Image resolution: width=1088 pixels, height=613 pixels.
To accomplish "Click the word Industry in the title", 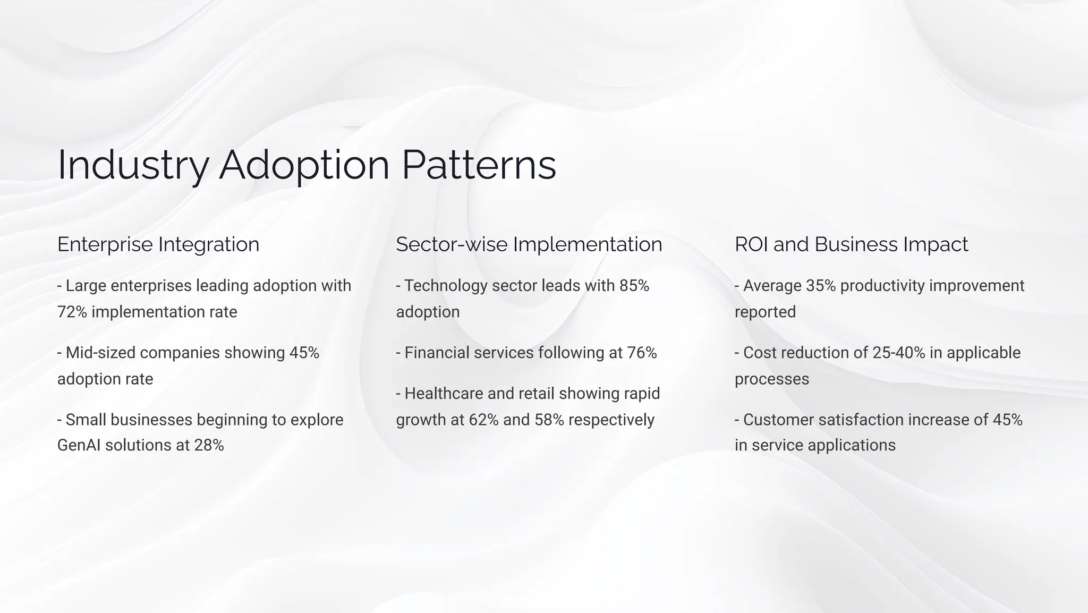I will tap(133, 165).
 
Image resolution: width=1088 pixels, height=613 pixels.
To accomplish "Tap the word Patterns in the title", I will tap(479, 165).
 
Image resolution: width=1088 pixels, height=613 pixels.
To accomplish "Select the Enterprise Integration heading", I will tap(158, 244).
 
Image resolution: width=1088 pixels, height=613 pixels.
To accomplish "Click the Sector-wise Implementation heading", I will tap(529, 244).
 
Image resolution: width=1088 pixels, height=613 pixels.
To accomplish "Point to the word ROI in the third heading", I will tap(751, 244).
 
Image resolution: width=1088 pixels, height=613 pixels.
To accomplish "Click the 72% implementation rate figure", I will tap(72, 312).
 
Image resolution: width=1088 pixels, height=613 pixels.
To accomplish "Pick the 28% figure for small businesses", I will tap(209, 445).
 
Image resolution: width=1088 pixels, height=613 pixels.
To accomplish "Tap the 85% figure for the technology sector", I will tap(634, 286).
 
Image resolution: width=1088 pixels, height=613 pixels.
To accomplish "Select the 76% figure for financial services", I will tap(642, 353).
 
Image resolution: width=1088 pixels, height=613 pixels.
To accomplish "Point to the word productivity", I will tap(882, 286).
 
